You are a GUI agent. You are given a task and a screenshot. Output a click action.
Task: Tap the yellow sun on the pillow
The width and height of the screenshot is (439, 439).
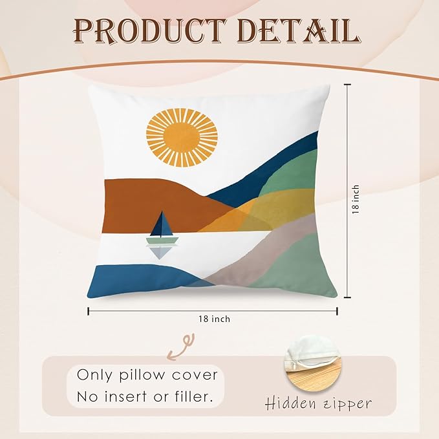coord(182,138)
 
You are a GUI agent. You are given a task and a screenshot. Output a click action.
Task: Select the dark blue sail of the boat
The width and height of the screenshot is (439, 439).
coord(161,224)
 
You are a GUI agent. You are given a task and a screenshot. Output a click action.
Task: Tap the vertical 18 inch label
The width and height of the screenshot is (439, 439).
coord(356,199)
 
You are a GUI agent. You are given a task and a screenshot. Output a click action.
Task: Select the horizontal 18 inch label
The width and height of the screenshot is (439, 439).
coord(215,319)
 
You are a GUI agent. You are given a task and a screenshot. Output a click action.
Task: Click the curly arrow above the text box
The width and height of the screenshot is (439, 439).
coord(180,347)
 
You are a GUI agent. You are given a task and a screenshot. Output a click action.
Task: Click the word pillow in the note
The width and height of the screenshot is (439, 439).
coord(142,376)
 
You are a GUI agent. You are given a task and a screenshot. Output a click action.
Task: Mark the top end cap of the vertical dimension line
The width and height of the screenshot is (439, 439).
coord(347,84)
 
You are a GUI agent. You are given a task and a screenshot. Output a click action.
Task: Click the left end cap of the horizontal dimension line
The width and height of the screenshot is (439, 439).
coord(89,311)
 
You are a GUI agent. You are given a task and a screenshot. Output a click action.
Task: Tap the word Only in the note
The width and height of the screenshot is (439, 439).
coord(94,376)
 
